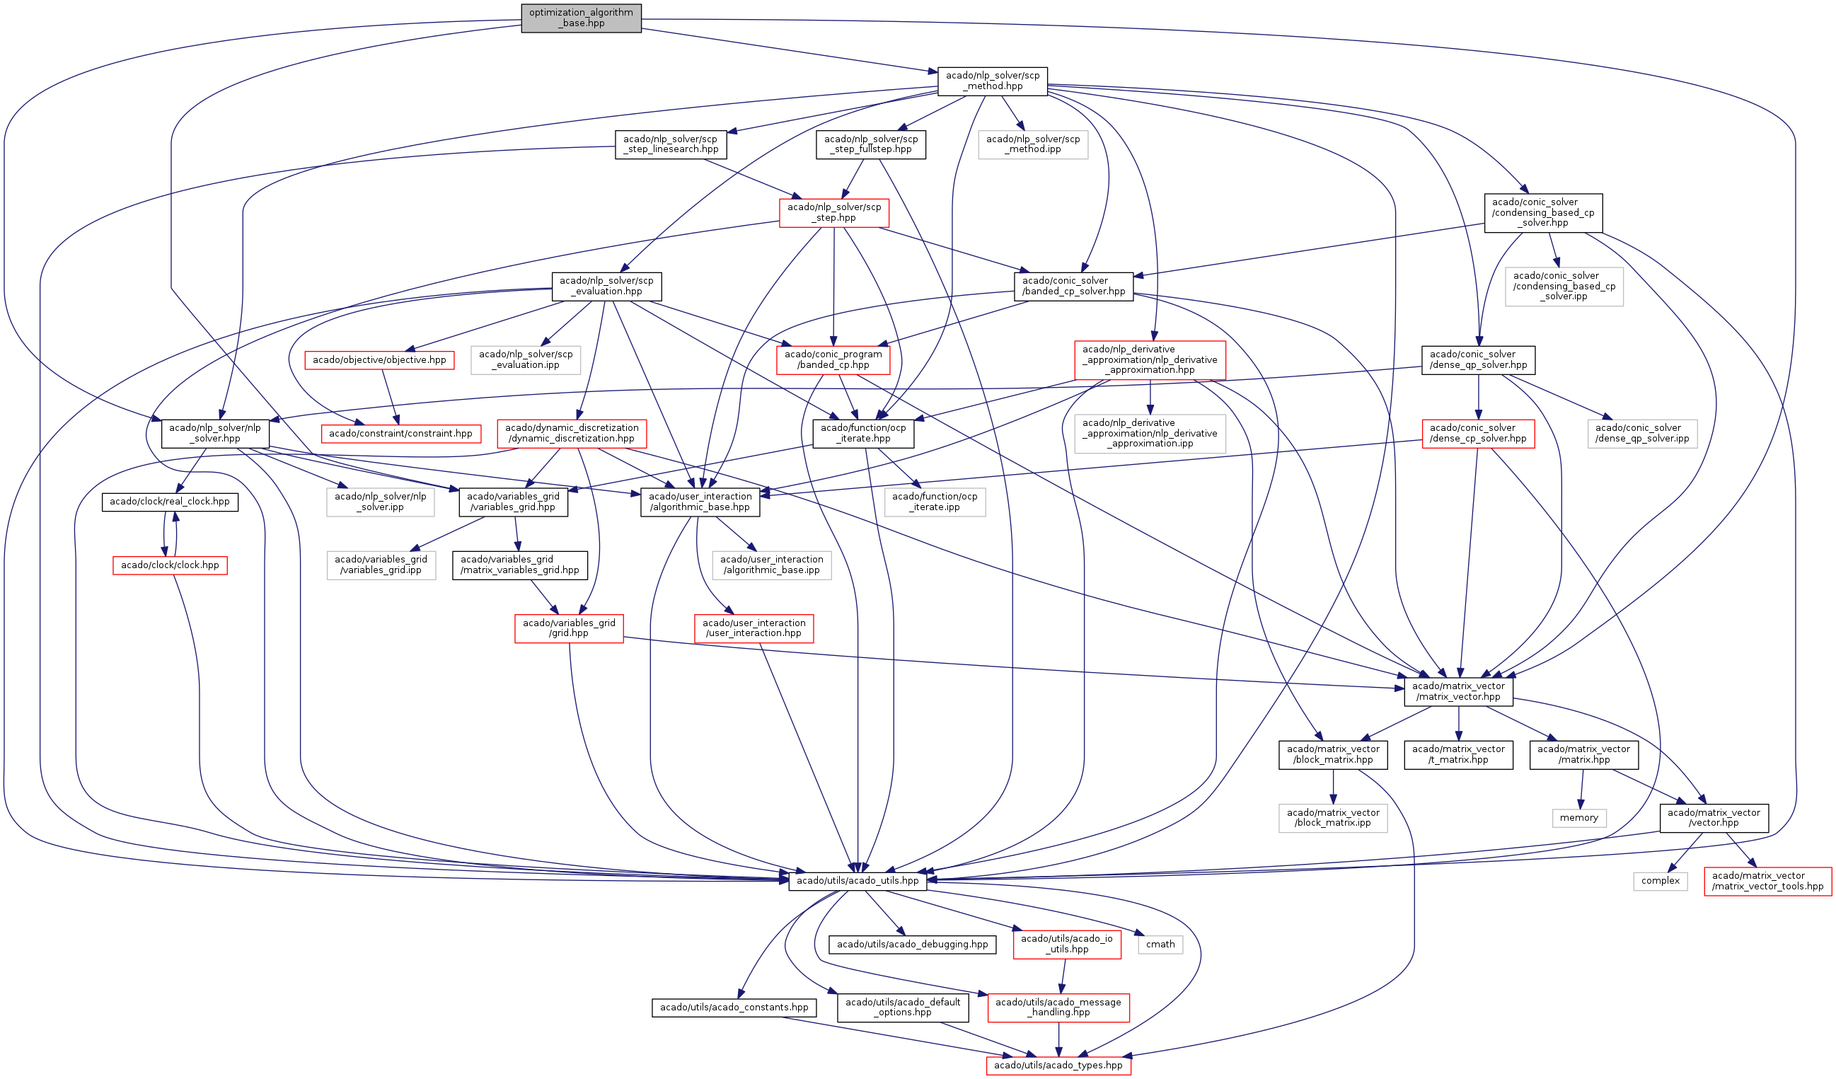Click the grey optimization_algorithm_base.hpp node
581,18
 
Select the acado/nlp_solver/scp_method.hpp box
993,81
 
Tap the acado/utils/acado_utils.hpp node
858,881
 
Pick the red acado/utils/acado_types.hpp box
1058,1066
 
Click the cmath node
1160,945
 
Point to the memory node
1578,818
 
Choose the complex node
1661,881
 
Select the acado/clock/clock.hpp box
170,565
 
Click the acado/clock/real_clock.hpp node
170,502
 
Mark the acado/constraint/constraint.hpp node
400,434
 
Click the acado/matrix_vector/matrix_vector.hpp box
1458,691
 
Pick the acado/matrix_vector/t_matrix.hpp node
1458,755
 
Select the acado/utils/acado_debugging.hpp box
912,945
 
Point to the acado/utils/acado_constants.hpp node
734,1008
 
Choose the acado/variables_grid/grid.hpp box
569,628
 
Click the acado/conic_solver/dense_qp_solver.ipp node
1642,434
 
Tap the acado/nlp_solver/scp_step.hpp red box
834,213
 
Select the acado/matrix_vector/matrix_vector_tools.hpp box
1767,882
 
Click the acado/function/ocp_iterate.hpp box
863,434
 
